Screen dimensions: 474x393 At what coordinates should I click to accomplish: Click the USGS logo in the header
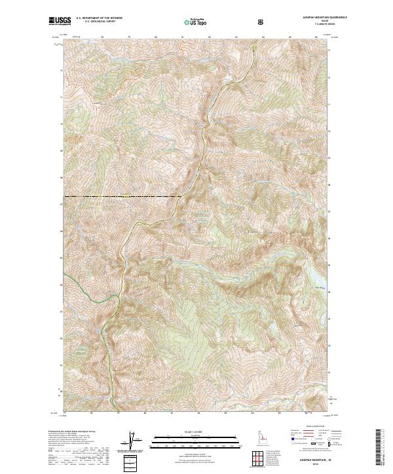(59, 22)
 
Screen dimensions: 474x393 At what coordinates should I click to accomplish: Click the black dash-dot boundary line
(118, 196)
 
